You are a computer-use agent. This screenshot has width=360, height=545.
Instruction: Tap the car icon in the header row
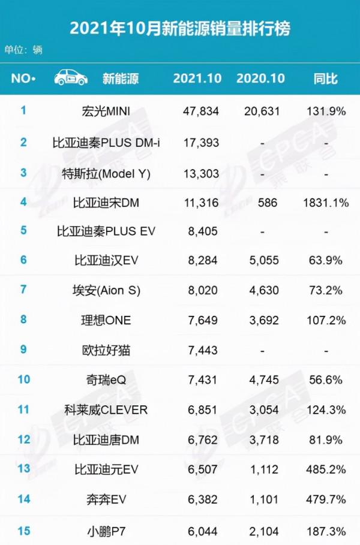[x=70, y=77]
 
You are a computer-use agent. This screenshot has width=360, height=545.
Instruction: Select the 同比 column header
[x=326, y=79]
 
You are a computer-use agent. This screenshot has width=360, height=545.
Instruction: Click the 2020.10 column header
[x=260, y=79]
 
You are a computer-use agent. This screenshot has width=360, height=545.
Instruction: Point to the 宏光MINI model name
[x=106, y=111]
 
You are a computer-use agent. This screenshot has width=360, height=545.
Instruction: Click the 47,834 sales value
[x=201, y=111]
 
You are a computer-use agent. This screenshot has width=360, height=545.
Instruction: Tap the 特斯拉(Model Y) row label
[x=106, y=173]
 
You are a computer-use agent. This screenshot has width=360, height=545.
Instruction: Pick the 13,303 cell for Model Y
[x=201, y=173]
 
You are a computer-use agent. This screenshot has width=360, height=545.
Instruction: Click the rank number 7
[x=23, y=290]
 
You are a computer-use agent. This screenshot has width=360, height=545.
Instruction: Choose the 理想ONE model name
[x=106, y=320]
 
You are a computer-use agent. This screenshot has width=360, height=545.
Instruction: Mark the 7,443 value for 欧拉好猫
[x=201, y=350]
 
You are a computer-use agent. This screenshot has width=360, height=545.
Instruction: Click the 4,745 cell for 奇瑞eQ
[x=260, y=380]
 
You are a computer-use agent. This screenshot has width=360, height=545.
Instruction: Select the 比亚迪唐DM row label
[x=106, y=439]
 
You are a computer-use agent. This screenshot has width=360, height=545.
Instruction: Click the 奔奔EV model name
[x=106, y=498]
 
